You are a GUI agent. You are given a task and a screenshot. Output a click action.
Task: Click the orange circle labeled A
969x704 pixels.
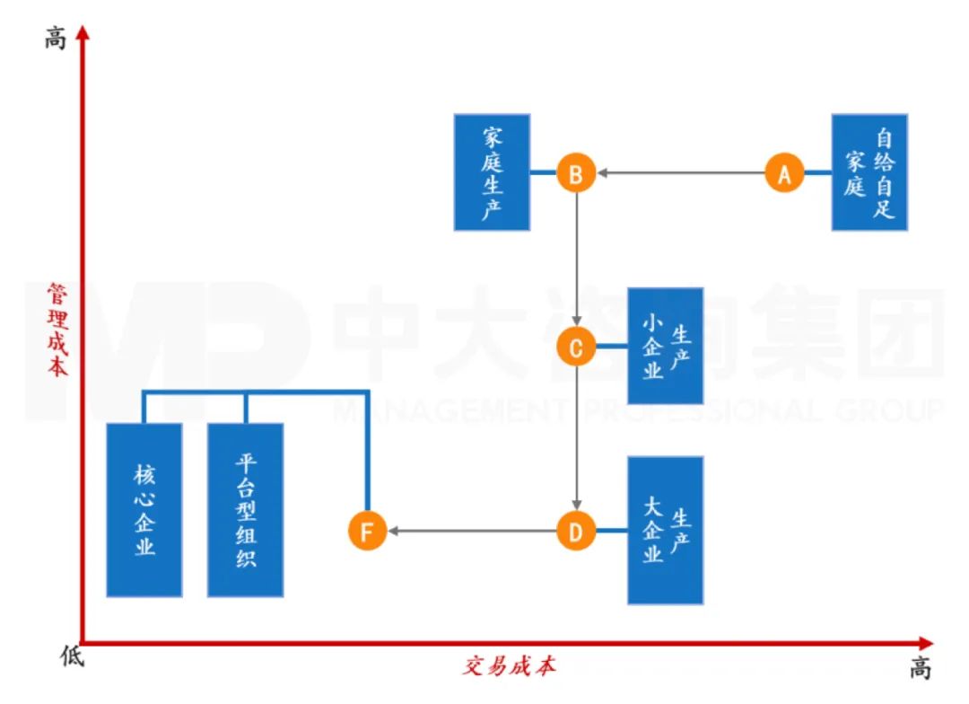(784, 172)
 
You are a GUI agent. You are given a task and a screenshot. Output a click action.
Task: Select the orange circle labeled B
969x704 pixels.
(576, 172)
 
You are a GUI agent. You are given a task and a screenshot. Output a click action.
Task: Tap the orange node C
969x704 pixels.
(576, 347)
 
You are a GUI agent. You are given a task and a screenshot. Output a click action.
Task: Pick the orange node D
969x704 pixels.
(576, 532)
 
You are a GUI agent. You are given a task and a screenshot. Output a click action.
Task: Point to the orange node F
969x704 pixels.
(367, 532)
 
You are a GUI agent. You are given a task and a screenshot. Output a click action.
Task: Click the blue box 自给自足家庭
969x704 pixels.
(869, 172)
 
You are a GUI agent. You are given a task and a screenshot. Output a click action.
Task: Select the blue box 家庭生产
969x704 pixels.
(492, 172)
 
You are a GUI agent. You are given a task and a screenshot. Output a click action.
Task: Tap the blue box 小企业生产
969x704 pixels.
(665, 347)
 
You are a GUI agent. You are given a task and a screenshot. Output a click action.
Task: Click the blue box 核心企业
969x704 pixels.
(144, 510)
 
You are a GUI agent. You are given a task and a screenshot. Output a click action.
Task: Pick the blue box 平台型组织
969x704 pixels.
(246, 510)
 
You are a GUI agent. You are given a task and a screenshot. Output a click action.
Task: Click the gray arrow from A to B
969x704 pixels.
(682, 172)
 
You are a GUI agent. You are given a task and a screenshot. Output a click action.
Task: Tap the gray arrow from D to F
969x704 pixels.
(472, 532)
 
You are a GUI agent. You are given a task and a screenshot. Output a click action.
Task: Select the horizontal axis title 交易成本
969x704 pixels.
(509, 666)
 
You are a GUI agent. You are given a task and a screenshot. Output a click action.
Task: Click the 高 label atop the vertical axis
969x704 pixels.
(56, 39)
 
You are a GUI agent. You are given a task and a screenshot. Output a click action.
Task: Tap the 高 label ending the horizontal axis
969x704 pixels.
(921, 669)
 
